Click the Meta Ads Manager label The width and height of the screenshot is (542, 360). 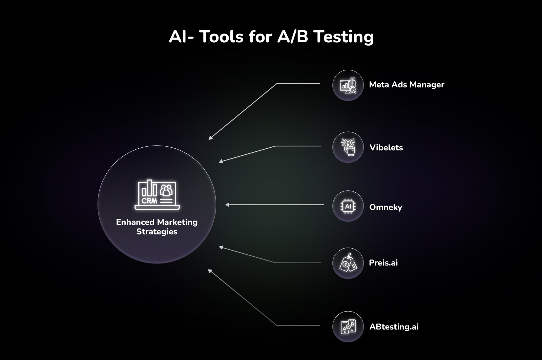pyautogui.click(x=406, y=85)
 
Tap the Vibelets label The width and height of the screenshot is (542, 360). pyautogui.click(x=386, y=148)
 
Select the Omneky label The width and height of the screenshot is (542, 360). pyautogui.click(x=385, y=207)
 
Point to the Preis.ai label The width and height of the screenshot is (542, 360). pyautogui.click(x=383, y=263)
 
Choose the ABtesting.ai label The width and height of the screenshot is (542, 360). pyautogui.click(x=394, y=327)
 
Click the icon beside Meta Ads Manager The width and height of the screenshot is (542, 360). pyautogui.click(x=348, y=85)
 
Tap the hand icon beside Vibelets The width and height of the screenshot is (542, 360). pyautogui.click(x=348, y=147)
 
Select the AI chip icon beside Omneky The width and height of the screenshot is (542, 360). pyautogui.click(x=348, y=206)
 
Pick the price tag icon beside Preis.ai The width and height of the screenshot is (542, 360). pyautogui.click(x=348, y=263)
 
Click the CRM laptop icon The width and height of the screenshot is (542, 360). pyautogui.click(x=157, y=195)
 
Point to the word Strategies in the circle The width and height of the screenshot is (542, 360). pyautogui.click(x=157, y=232)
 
